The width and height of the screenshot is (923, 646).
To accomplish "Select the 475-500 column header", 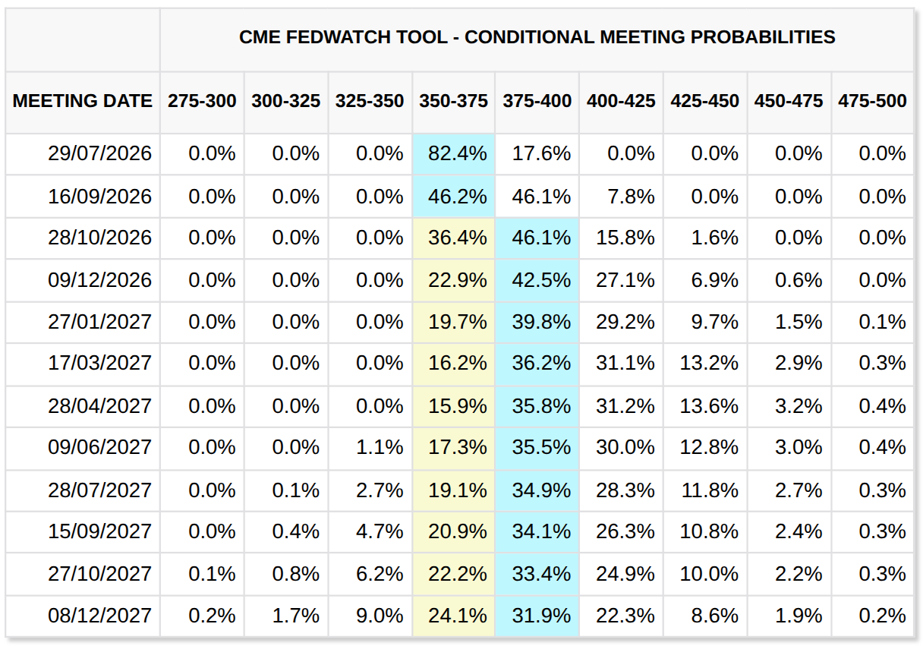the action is tap(872, 102).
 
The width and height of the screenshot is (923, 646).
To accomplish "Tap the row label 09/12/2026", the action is tap(99, 280).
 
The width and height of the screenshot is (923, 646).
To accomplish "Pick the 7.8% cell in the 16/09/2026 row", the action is tap(631, 197).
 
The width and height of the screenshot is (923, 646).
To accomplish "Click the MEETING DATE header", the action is tap(83, 102).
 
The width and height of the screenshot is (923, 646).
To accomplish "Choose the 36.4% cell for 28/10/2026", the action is tap(458, 238).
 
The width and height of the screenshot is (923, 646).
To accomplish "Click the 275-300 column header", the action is tap(202, 102).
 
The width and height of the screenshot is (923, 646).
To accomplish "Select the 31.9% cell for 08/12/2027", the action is tap(541, 616).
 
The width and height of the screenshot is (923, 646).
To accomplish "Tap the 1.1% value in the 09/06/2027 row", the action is tap(380, 447).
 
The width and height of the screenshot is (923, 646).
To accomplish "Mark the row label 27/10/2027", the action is tap(99, 574).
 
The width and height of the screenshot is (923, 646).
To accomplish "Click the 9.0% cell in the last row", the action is tap(380, 616).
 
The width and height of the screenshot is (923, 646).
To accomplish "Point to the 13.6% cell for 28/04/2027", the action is tap(709, 406).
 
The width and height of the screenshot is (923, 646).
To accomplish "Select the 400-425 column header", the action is tap(621, 102).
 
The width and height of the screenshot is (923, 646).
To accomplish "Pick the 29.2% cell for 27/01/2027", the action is tap(625, 322).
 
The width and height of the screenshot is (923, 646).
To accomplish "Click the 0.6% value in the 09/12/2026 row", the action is tap(799, 280).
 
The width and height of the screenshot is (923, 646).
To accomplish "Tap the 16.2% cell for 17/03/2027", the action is tap(458, 363).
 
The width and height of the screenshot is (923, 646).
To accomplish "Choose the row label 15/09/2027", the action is tap(99, 531).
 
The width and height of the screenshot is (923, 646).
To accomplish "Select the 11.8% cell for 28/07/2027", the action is tap(709, 490).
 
